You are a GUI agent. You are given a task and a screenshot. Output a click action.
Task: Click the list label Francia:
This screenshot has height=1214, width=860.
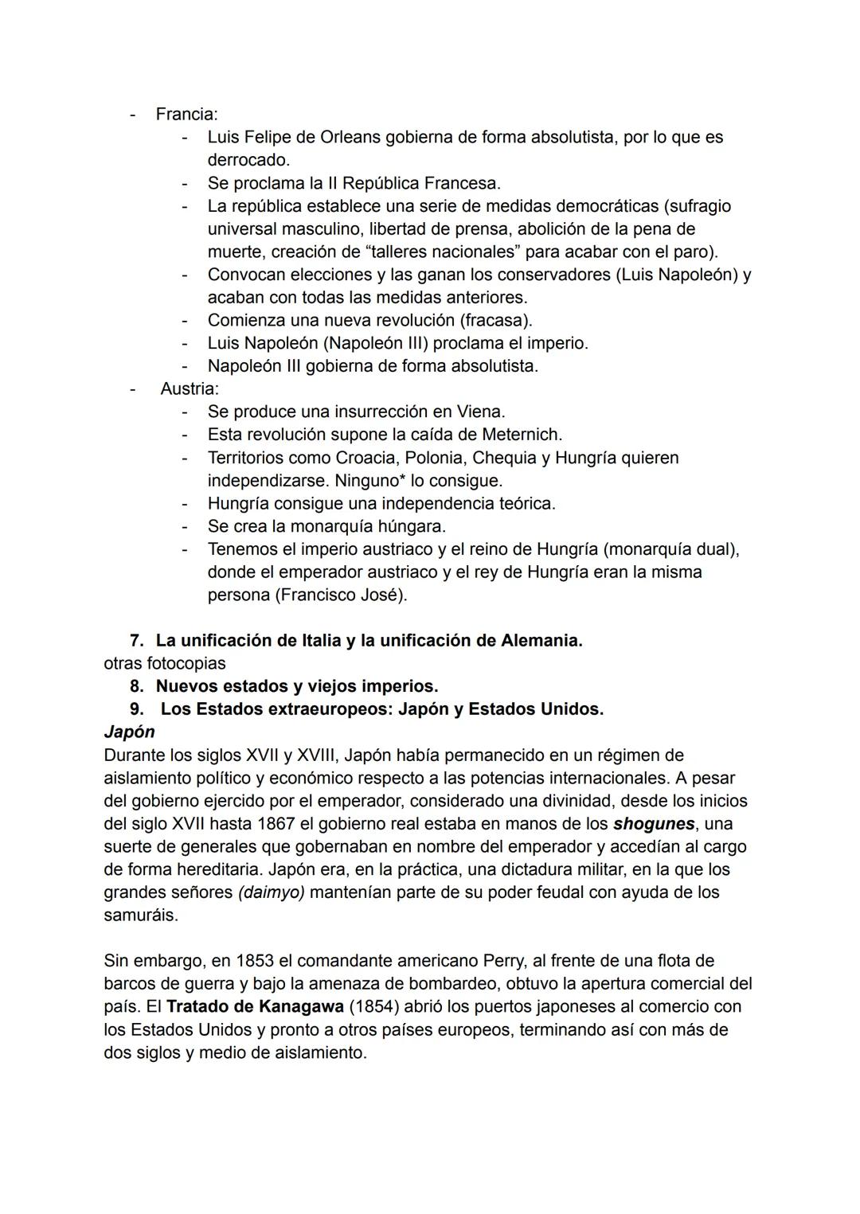click(186, 114)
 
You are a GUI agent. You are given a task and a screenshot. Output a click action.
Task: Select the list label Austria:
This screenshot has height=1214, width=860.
click(190, 388)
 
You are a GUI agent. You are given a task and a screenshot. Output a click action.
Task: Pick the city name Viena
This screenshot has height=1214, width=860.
click(480, 412)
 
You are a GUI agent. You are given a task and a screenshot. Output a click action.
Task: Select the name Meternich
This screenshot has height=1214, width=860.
click(522, 435)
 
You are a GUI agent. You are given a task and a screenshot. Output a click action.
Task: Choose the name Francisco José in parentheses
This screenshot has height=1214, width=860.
click(340, 595)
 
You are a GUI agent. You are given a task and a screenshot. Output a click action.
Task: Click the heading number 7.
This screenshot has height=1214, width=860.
click(136, 641)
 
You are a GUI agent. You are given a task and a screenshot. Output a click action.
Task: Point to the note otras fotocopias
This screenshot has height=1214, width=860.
click(164, 663)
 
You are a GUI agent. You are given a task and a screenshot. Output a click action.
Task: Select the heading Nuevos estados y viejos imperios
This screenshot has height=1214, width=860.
click(296, 686)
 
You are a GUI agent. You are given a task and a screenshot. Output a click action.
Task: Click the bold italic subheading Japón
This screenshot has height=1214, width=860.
click(129, 732)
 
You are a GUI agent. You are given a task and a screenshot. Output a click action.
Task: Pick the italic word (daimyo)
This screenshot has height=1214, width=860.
click(271, 892)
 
